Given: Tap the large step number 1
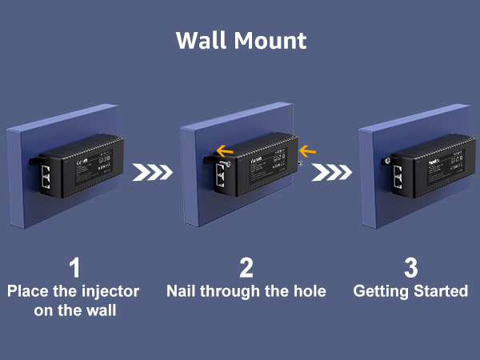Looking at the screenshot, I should [x=73, y=268].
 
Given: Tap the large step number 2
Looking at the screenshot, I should [x=246, y=268].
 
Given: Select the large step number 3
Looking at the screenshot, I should [x=410, y=268].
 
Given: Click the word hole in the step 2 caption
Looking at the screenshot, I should [x=309, y=291].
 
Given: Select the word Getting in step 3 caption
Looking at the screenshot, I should [x=382, y=291].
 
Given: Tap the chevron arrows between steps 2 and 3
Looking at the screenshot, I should [x=330, y=173].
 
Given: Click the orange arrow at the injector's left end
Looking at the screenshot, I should [x=225, y=149].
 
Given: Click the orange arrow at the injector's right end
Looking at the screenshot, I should [x=308, y=149].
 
